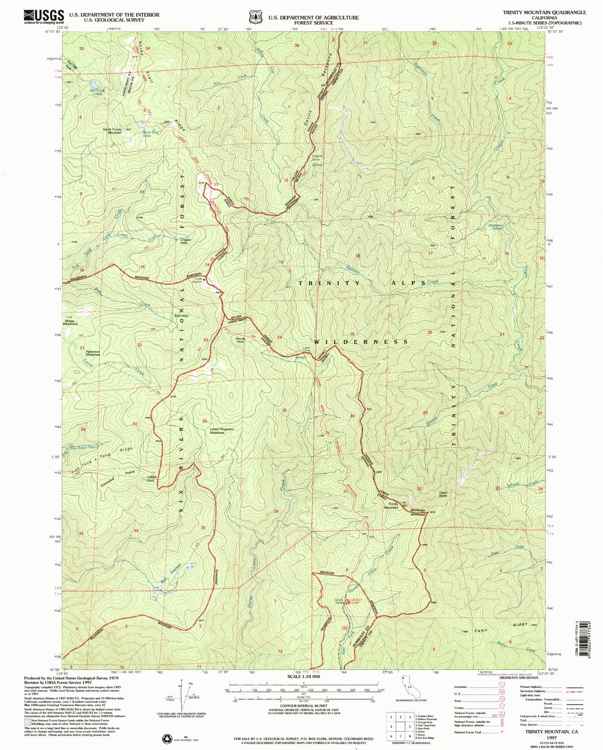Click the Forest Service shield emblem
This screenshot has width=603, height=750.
[x=255, y=17]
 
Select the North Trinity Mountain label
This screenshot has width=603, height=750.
[x=112, y=131]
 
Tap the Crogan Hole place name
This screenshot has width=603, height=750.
[x=185, y=242]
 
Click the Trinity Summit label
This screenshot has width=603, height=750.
[x=198, y=281]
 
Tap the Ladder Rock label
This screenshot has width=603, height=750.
[x=150, y=478]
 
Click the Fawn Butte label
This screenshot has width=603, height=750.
[x=443, y=494]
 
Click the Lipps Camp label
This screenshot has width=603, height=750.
[x=307, y=349]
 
